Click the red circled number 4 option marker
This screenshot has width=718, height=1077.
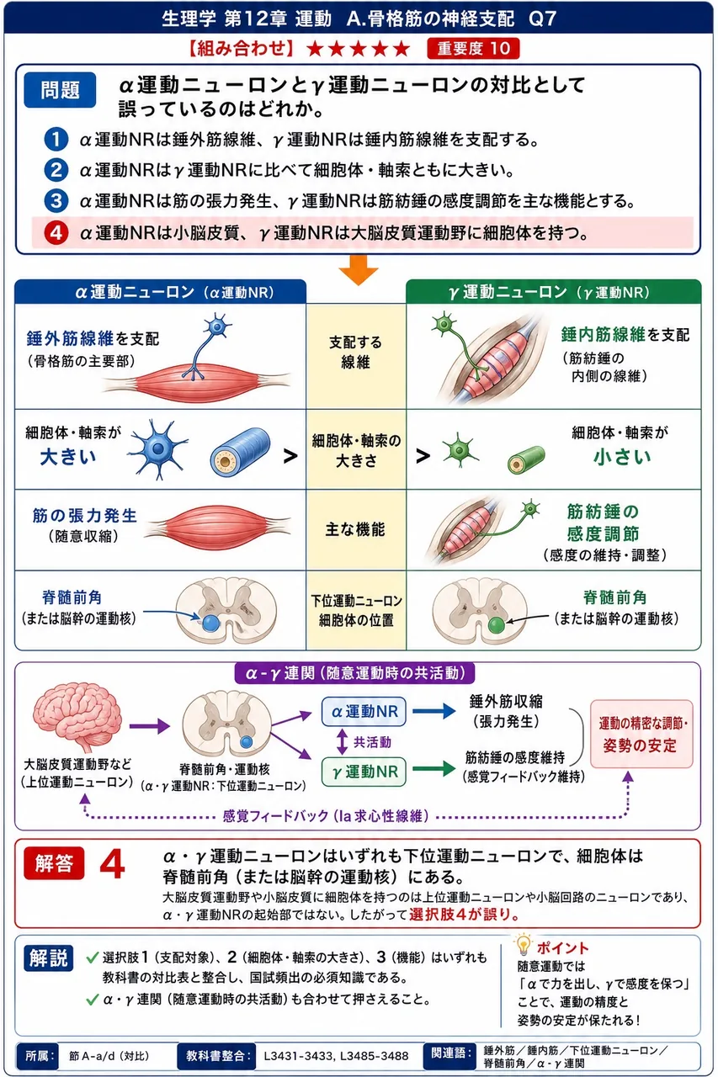coord(56,233)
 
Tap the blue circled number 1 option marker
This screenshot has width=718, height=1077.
coord(56,139)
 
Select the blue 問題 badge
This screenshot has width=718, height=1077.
coord(60,90)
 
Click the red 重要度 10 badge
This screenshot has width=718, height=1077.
coord(473,49)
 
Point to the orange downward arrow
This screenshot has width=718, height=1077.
coord(359,270)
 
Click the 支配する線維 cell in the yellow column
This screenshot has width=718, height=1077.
coord(356,352)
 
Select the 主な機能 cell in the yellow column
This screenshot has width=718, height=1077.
coord(355,529)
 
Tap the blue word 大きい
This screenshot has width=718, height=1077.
coord(68,457)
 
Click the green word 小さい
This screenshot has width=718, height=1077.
coord(622,457)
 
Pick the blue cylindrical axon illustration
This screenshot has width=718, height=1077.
coord(240,449)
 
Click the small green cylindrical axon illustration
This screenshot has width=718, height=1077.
coord(526,459)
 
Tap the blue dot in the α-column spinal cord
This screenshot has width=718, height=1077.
coord(210,623)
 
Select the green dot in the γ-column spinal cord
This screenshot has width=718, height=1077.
coord(497,625)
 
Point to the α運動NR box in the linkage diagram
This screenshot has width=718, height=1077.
coord(364,712)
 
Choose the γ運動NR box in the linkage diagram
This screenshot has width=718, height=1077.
coord(364,772)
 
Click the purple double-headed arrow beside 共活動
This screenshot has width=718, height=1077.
coord(342,741)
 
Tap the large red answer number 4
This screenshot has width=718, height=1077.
coord(113,864)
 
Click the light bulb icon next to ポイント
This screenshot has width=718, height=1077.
coord(523,944)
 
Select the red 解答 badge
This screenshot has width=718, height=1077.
coord(54,863)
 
